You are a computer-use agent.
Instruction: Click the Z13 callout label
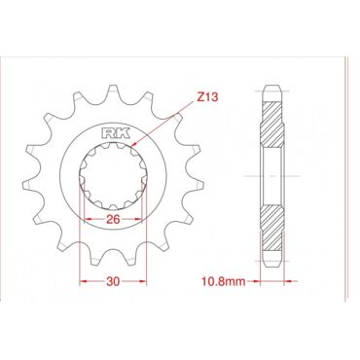point(207,96)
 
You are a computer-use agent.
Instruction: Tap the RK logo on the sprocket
point(116,133)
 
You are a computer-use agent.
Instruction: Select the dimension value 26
point(113,220)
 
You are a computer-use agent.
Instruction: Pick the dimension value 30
point(113,281)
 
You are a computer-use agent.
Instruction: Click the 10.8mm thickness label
point(224,281)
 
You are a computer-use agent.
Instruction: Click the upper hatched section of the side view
point(272,125)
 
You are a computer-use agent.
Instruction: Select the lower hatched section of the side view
point(272,229)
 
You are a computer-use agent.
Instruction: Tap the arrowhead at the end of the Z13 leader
point(134,144)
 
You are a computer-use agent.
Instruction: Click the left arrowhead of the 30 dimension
point(84,281)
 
